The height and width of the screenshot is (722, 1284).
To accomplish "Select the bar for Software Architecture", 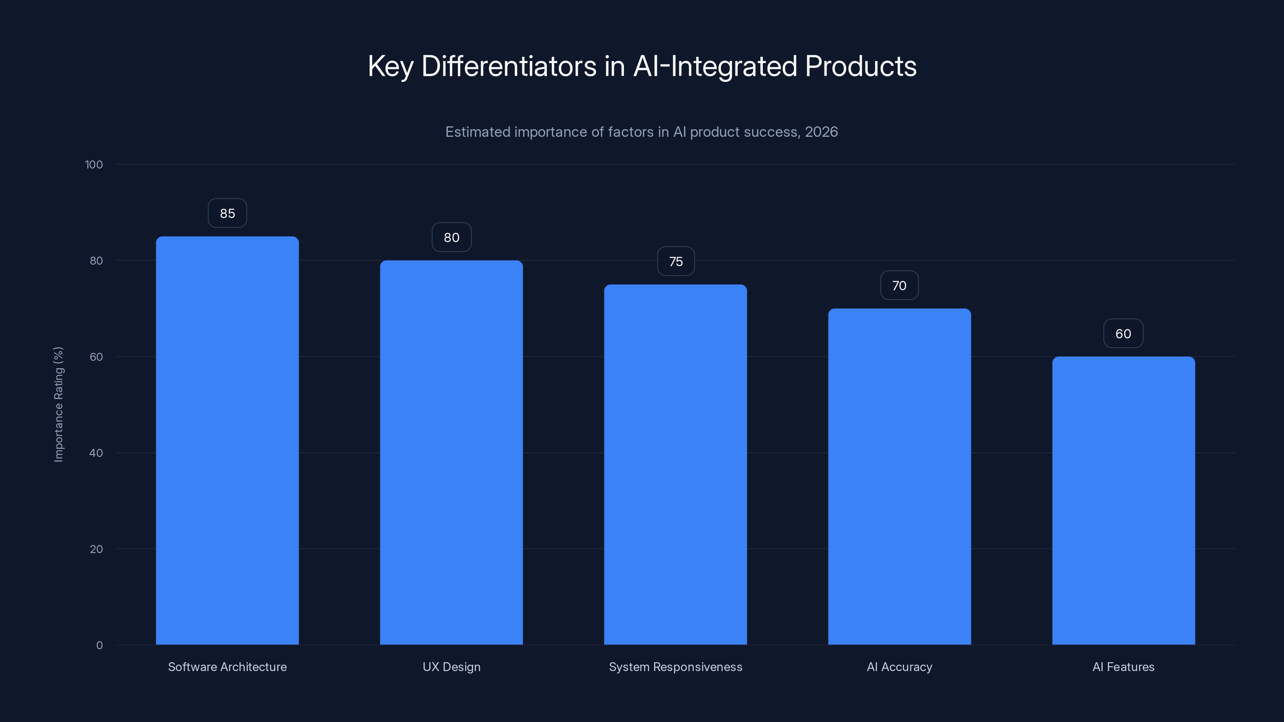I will pos(227,440).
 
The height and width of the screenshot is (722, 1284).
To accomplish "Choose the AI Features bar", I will pos(1123,500).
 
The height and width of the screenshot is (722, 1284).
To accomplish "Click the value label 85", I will pos(227,213).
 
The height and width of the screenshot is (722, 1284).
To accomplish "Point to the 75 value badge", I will pos(675,262).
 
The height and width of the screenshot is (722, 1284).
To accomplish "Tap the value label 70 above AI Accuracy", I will pos(899,286).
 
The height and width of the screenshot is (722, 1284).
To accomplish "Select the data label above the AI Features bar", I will pos(1123,334).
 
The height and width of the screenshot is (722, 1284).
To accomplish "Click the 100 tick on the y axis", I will pos(94,165).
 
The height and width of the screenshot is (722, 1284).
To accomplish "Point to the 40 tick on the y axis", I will pos(96,453).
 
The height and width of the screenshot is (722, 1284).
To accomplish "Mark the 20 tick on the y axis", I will pos(96,549).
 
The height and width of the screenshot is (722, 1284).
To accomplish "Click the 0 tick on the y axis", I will pos(99,645).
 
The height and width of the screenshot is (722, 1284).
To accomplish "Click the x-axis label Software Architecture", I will pos(227,667).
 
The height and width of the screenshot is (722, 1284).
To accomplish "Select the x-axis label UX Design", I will pos(451,667).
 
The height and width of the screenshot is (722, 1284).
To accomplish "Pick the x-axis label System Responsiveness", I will pos(675,667).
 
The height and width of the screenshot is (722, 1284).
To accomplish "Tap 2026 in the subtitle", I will pos(821,132).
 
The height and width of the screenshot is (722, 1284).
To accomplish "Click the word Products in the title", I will pos(860,66).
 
